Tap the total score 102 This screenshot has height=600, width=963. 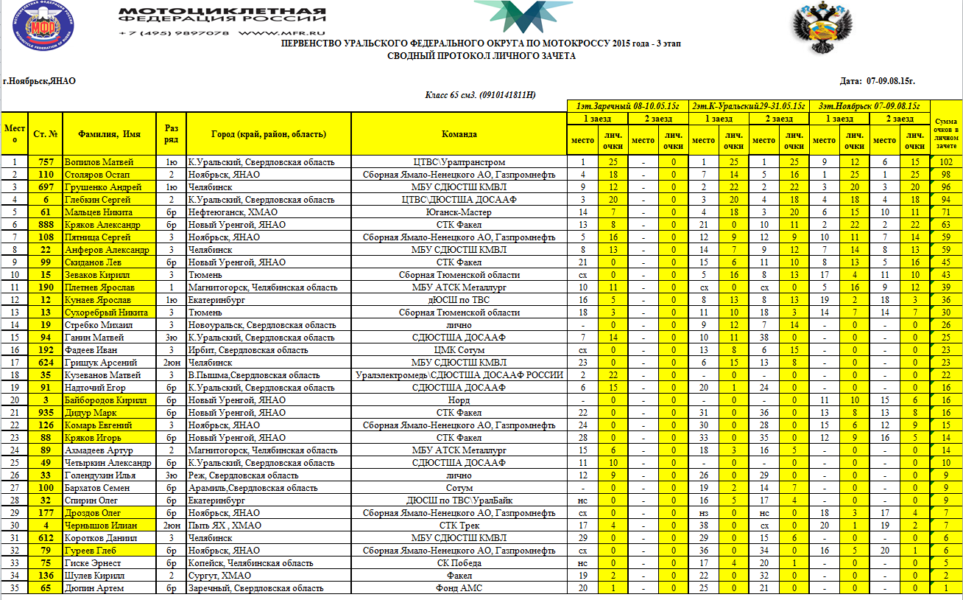946,162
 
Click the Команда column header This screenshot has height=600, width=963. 459,134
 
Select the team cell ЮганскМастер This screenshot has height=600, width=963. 459,212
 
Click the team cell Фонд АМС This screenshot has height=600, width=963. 459,588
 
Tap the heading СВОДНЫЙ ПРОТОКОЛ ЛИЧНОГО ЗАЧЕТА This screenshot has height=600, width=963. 481,56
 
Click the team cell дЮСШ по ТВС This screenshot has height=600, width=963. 459,300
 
